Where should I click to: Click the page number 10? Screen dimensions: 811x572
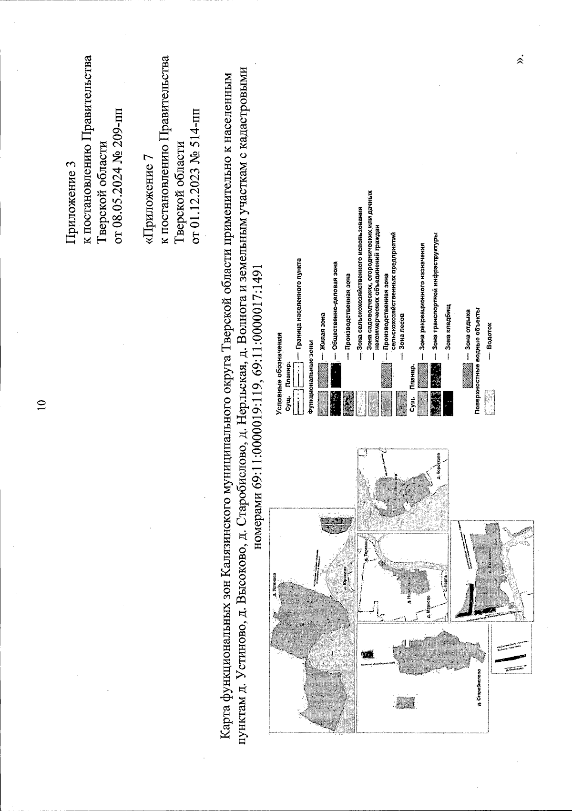click(41, 403)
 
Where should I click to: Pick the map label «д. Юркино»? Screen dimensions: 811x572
click(344, 578)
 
